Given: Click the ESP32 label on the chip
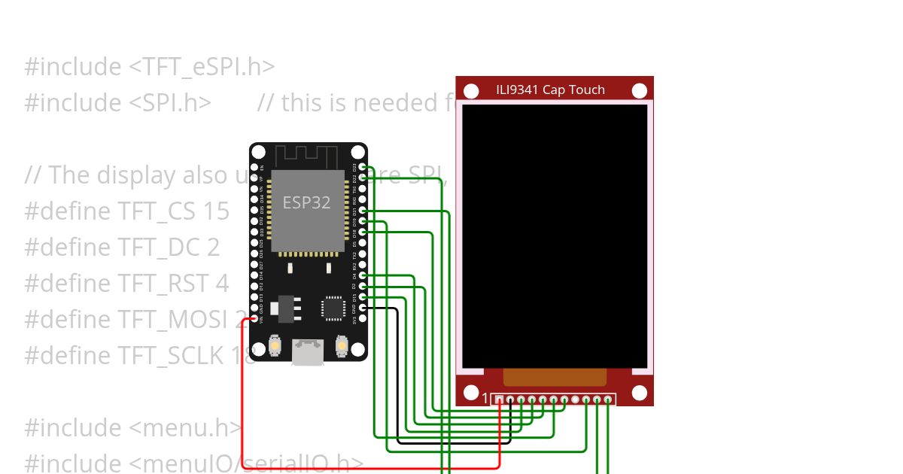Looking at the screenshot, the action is click(x=307, y=202).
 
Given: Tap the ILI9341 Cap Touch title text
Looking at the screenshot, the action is click(x=550, y=90).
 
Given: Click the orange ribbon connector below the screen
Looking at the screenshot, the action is click(x=555, y=377).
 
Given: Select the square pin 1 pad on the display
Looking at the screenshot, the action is click(x=499, y=400).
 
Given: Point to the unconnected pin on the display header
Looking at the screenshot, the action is click(x=576, y=400).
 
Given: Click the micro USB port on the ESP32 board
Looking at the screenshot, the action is click(x=308, y=352).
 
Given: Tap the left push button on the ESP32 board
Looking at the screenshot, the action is click(x=275, y=346).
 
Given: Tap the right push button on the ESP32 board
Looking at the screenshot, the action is click(x=341, y=346).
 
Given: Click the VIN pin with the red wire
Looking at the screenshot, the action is click(x=254, y=319).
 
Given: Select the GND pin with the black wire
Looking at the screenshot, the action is click(x=363, y=308).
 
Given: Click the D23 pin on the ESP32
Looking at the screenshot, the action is click(x=363, y=166).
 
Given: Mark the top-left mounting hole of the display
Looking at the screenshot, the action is click(x=471, y=91).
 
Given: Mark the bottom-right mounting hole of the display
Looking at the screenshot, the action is click(x=640, y=393).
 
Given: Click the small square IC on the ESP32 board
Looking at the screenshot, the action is click(x=332, y=308).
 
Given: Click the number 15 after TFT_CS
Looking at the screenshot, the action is click(x=216, y=211).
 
